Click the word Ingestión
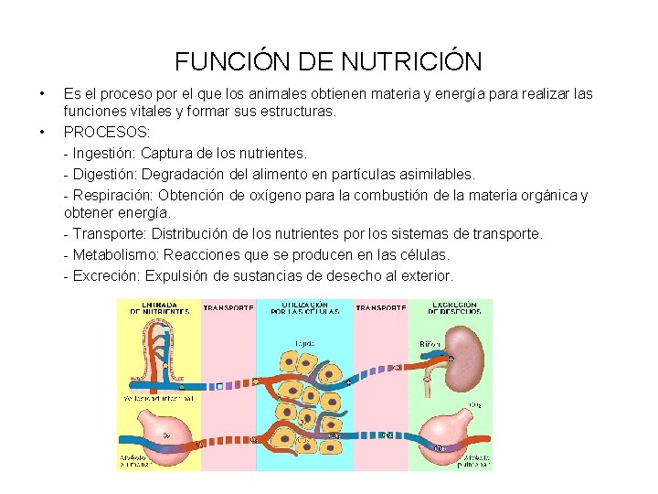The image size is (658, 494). (x=103, y=153)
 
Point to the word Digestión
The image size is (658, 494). (x=104, y=174)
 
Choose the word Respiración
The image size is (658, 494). (x=111, y=195)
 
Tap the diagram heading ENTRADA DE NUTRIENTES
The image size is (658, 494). (x=159, y=307)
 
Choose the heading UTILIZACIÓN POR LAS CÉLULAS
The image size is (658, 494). (x=304, y=307)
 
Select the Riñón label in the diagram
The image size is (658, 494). (x=430, y=344)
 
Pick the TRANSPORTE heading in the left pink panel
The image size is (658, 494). (x=228, y=308)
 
